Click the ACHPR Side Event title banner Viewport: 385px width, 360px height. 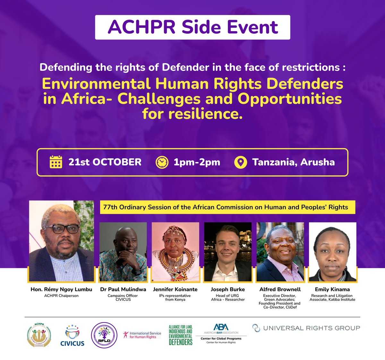coord(193,27)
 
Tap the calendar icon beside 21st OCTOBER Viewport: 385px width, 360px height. coord(56,162)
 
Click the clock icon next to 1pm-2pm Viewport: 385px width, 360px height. coord(162,162)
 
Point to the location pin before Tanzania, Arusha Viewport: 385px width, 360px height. coord(241,162)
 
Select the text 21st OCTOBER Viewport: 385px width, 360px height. coord(105,162)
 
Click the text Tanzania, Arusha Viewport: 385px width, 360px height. coord(293,162)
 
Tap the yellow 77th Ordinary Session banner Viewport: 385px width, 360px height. coord(226,207)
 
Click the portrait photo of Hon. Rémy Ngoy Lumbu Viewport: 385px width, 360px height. coord(62,241)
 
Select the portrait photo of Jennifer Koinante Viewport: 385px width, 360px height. coord(175,252)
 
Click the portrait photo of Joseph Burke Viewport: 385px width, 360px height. coord(228,252)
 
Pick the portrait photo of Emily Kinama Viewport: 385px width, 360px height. coord(332,252)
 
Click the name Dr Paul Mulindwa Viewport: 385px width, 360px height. coord(123,289)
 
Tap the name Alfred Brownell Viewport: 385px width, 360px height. coord(280,289)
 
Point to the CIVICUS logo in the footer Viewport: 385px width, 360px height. coord(72,336)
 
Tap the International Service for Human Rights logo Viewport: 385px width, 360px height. coord(142,335)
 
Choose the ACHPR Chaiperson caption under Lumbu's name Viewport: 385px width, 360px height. coord(61,296)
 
